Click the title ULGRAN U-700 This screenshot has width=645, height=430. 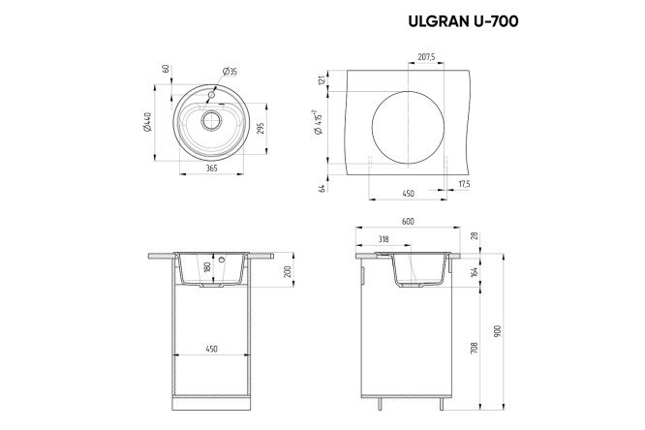coord(463,21)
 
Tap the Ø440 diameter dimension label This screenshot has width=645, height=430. coord(147,122)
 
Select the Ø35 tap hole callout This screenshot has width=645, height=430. coord(230,72)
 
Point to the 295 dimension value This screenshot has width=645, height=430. coord(260,128)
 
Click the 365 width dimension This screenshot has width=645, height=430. coord(211,168)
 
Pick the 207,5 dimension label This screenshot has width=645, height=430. coord(426,57)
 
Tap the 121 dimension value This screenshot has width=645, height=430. coord(322,80)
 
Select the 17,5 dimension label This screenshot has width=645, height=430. coord(464,184)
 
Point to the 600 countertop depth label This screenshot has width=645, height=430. coord(407,222)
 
